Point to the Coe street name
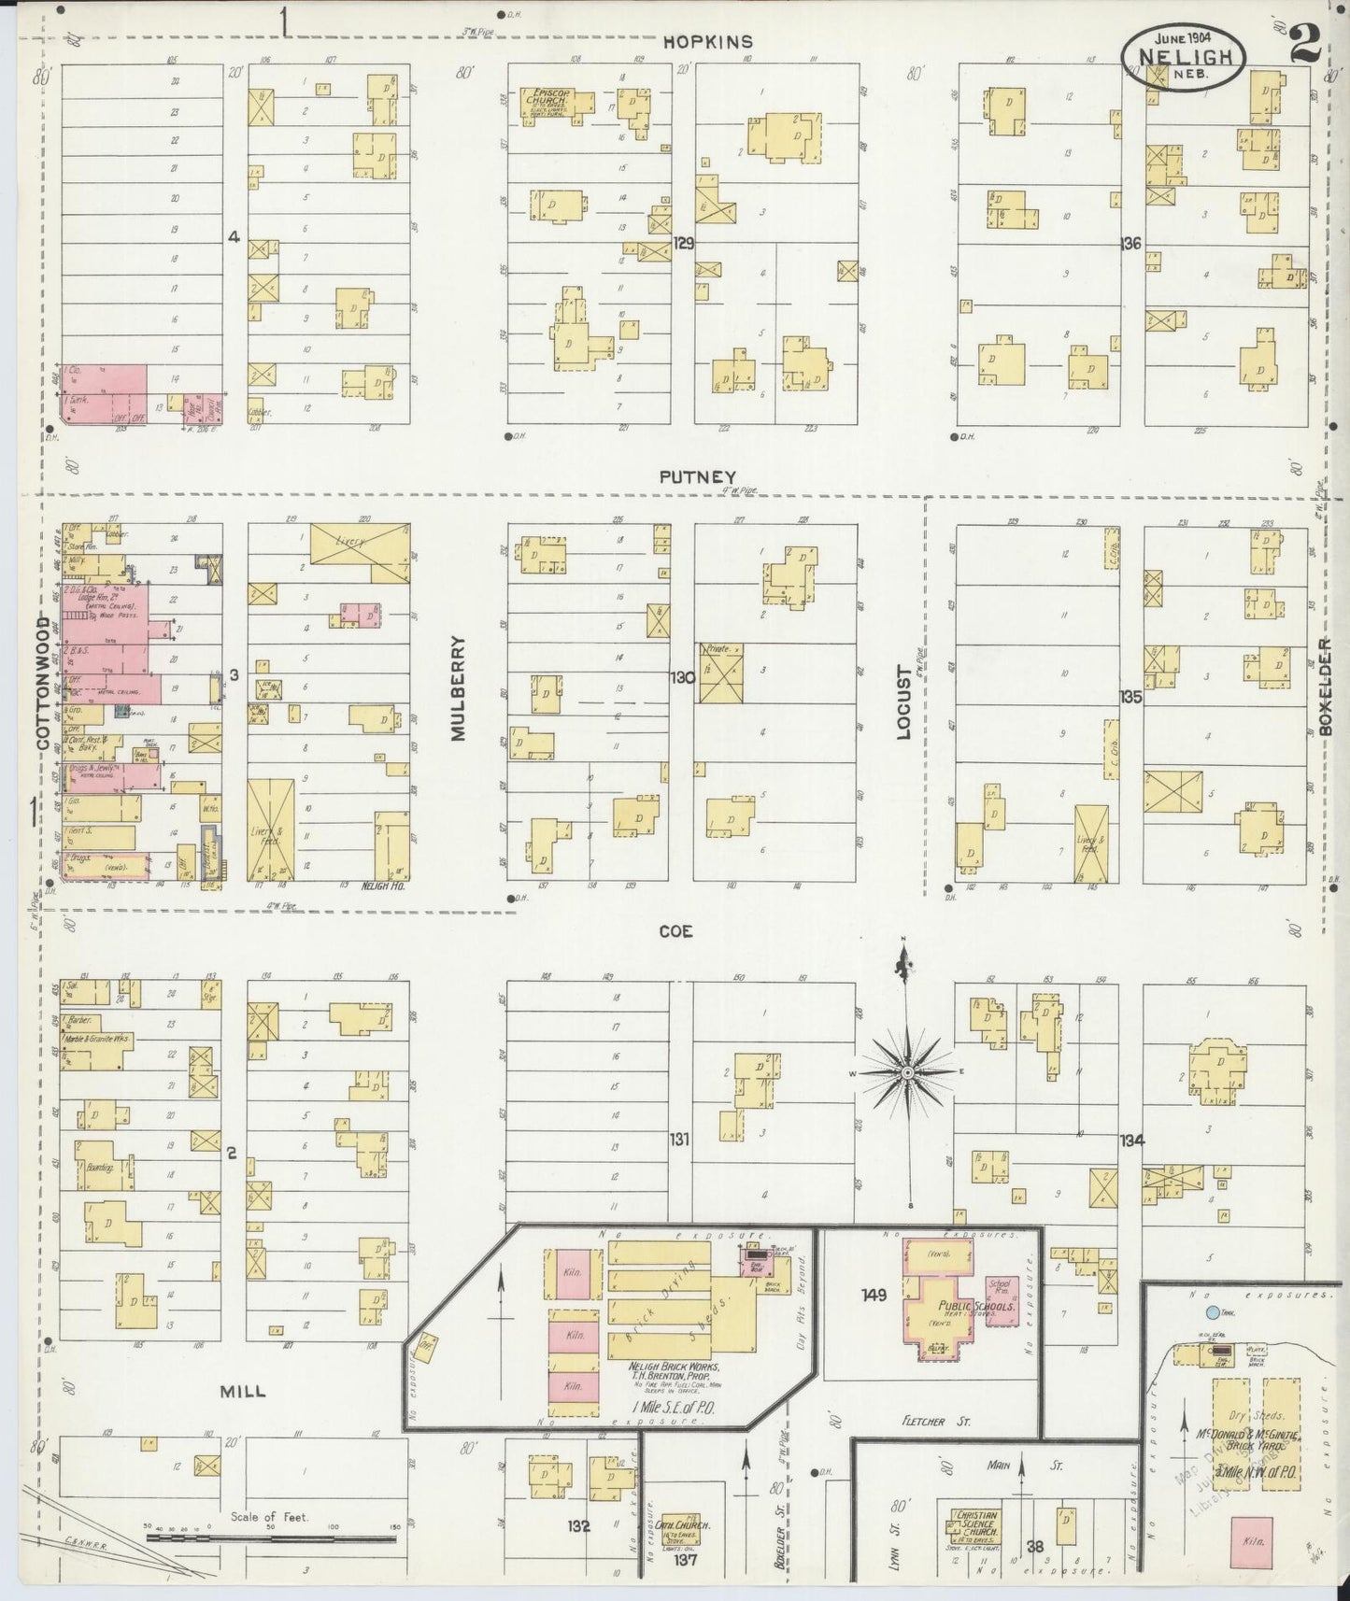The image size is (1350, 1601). tap(675, 931)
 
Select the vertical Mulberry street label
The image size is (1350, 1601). tap(458, 688)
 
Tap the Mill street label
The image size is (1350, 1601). tap(243, 1391)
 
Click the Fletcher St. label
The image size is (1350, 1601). tap(938, 1422)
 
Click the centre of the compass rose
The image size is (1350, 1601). tap(905, 1072)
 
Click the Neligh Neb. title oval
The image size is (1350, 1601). tap(1183, 56)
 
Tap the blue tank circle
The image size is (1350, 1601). tap(1212, 1312)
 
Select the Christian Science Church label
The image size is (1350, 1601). tap(975, 1524)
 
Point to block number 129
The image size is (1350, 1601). tap(684, 242)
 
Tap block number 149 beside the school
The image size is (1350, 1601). tap(874, 1295)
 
